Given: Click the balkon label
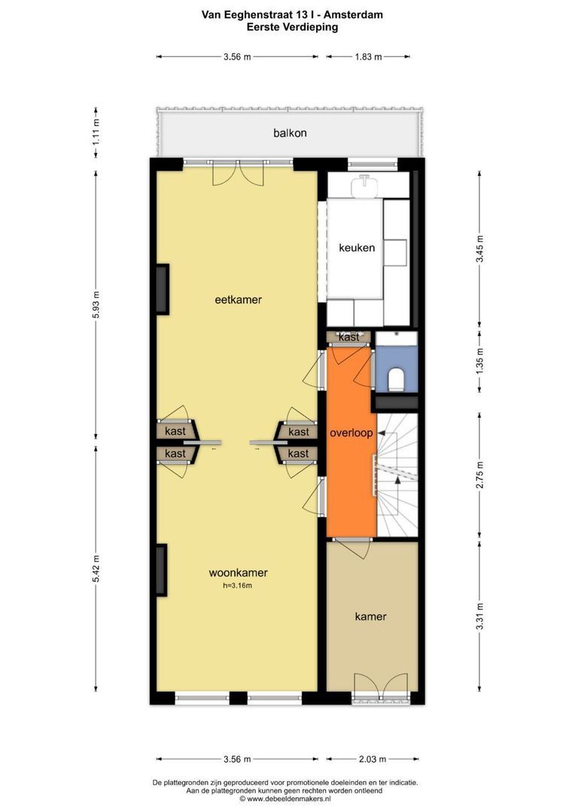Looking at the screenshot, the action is (290, 133).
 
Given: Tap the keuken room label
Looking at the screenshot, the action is (357, 247).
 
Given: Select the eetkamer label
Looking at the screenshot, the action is (239, 299).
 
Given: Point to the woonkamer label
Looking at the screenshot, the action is (238, 573).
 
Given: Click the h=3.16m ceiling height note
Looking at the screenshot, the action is (238, 586).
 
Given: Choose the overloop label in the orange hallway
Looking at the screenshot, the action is (351, 433).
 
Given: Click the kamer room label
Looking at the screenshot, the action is (371, 617).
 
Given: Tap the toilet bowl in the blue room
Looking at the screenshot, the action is (397, 378).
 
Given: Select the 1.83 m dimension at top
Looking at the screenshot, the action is (368, 57).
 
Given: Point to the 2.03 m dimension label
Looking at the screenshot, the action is (373, 759).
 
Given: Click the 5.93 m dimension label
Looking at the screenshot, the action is (96, 305).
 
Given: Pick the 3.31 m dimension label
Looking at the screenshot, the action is (479, 617).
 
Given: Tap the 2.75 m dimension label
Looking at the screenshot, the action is (479, 475).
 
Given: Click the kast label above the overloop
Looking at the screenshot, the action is (348, 337).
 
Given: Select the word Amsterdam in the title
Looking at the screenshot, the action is (353, 15).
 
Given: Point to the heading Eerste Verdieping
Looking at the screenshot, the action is (293, 28).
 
